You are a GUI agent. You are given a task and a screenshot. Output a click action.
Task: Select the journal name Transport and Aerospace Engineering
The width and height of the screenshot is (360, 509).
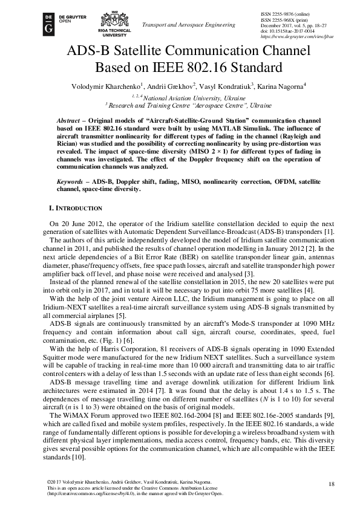coord(188,25)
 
